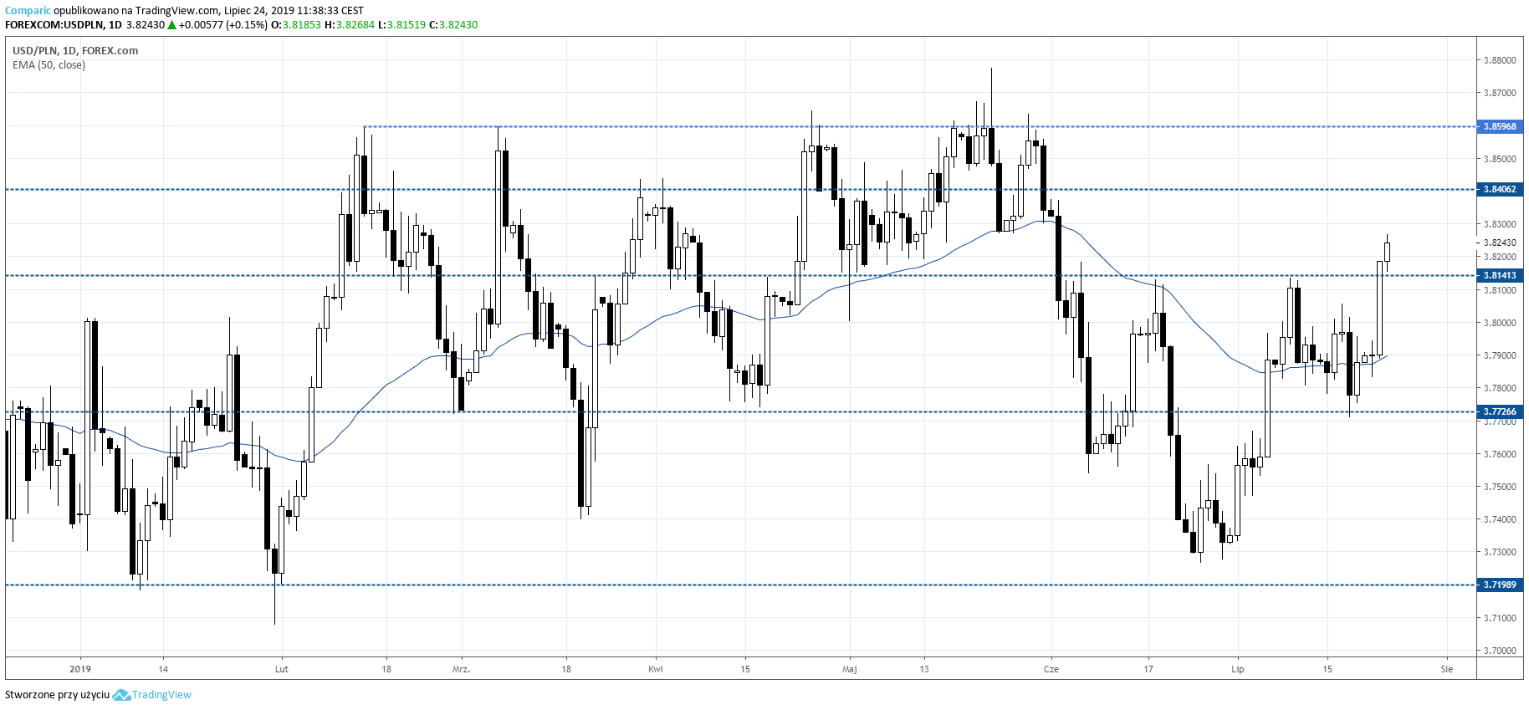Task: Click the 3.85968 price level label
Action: (x=1499, y=126)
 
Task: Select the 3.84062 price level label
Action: (x=1499, y=189)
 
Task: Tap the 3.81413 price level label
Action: (x=1499, y=275)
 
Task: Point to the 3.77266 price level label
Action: (x=1499, y=411)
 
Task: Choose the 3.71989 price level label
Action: (x=1499, y=585)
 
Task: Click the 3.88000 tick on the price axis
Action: (x=1499, y=60)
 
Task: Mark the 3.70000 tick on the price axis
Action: (x=1499, y=650)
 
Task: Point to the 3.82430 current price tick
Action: (x=1499, y=243)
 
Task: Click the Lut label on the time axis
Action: (x=281, y=669)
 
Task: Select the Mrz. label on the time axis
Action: (x=461, y=669)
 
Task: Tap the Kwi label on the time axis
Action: (x=656, y=669)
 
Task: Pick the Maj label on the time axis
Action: (x=850, y=669)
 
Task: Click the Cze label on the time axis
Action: (x=1051, y=669)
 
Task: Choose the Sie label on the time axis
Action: (x=1447, y=669)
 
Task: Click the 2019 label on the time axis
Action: (x=80, y=669)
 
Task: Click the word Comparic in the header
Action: (x=28, y=11)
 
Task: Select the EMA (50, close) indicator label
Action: (x=49, y=65)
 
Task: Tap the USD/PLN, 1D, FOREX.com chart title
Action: (x=75, y=50)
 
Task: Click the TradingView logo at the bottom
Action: (x=152, y=695)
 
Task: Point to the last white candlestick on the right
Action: (x=1387, y=251)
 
